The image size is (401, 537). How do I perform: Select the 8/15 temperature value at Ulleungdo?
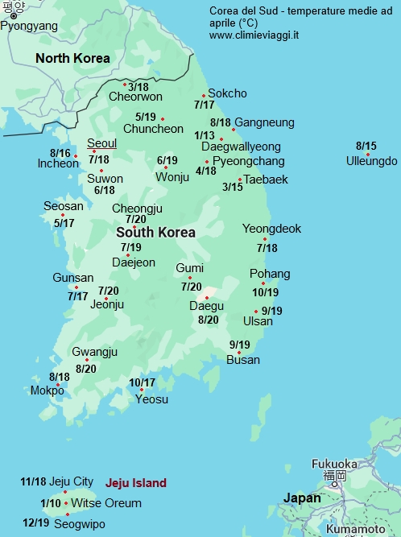366,146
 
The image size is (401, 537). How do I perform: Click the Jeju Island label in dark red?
136,483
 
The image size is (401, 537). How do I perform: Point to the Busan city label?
243,360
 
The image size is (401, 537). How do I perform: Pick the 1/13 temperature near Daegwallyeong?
205,135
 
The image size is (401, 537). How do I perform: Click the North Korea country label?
72,58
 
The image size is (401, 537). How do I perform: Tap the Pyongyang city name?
29,26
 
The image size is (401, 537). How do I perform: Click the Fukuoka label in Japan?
334,464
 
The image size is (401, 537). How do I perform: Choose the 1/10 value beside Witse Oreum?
50,503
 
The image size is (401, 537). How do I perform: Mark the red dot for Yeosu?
142,390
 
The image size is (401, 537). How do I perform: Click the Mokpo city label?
47,390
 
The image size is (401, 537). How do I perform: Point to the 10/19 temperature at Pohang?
265,293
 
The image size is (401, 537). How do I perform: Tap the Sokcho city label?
227,93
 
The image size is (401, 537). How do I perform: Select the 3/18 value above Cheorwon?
138,87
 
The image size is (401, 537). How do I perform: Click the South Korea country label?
155,232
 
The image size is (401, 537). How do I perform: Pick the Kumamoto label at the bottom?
356,530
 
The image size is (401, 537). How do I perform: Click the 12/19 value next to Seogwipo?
36,523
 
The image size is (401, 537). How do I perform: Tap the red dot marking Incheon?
76,155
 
